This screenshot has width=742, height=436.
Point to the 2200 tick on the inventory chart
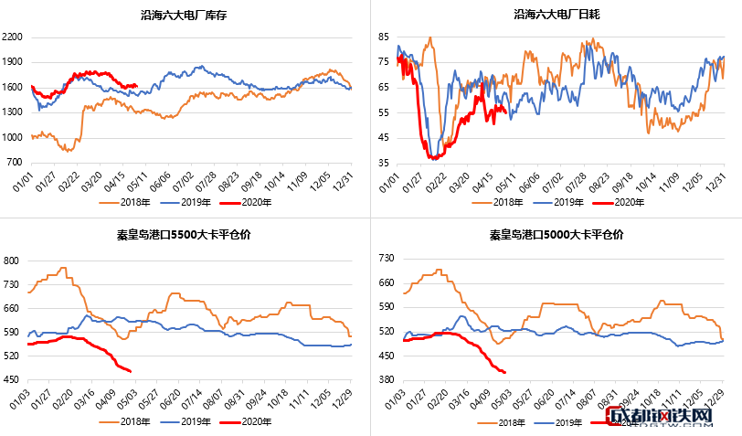click(16, 37)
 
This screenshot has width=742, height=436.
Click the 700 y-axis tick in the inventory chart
click(18, 163)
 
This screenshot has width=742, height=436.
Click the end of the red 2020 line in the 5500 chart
click(131, 371)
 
